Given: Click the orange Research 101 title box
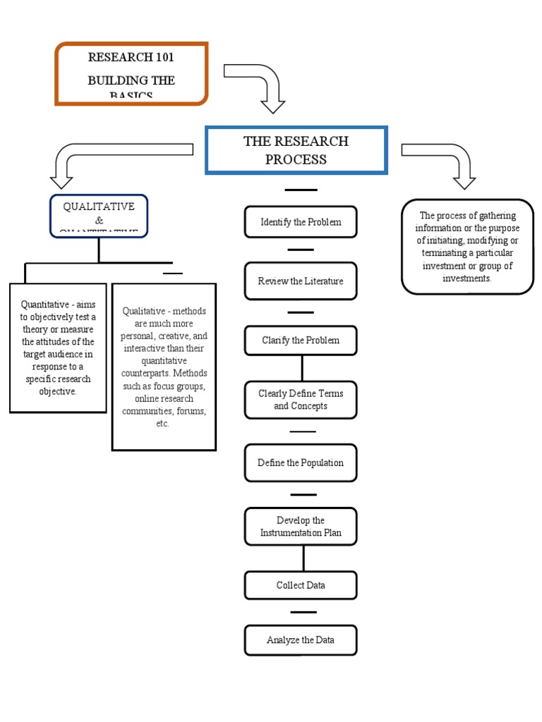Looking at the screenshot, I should pos(131,73).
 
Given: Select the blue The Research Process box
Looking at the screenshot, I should pos(296,150).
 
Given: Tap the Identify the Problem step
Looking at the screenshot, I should pos(301,222).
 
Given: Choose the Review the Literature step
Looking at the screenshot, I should pos(301,281).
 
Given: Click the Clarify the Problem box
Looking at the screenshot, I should pos(301,341).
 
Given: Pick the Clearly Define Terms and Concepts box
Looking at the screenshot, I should pos(301,400).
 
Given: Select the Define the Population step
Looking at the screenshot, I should pos(301,463).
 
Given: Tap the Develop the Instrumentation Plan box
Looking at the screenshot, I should pos(301,527).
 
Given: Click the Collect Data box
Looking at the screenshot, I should pos(301,585).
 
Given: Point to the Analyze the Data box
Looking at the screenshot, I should pos(301,640).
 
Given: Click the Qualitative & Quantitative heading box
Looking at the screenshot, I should pos(99,216).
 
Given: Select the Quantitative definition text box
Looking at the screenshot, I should pos(58,348).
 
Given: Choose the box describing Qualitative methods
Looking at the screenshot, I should pos(164,367).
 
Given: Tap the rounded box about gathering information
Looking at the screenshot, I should pos(467,247).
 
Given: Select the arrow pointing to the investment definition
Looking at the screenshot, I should pos(445,159).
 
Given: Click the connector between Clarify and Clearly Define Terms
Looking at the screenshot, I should pos(302,368).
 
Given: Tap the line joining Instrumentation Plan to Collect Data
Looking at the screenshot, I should pos(303,558).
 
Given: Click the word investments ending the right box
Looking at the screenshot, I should pos(467,279).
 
